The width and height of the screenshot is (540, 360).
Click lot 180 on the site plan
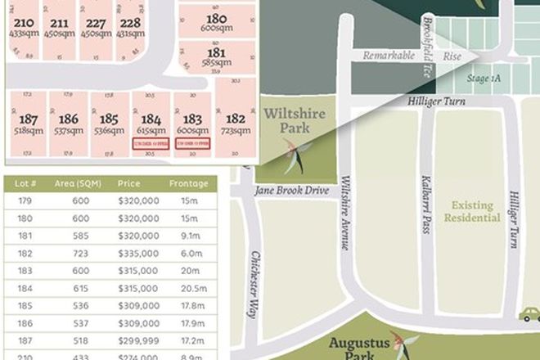(x=216, y=23)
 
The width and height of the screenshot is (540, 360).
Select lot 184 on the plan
(x=151, y=123)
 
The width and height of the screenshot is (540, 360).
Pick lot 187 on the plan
(x=28, y=123)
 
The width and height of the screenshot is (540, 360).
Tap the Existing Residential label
(x=472, y=212)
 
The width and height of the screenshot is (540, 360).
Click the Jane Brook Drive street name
(x=292, y=191)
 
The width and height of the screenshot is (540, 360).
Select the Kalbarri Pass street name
(x=426, y=205)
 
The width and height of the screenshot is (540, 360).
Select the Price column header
(x=130, y=183)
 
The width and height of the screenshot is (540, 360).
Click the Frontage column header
(x=188, y=183)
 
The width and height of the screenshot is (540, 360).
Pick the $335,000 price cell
(x=138, y=254)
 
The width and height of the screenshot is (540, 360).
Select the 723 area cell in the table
(x=79, y=254)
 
